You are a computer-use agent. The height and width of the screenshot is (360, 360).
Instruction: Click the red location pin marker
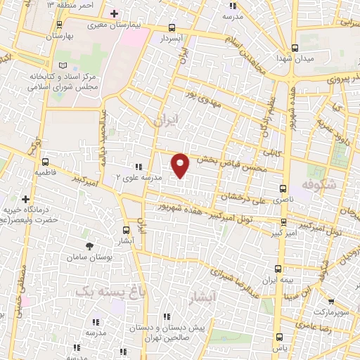click(181, 165)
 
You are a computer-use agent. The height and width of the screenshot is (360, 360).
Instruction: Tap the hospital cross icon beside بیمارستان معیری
click(115, 13)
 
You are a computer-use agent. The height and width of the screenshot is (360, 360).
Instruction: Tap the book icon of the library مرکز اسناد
click(64, 64)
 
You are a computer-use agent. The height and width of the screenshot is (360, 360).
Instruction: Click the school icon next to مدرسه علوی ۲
click(138, 167)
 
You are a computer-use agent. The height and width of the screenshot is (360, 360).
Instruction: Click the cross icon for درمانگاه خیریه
click(27, 200)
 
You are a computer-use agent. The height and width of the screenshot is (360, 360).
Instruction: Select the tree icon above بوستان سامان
click(89, 245)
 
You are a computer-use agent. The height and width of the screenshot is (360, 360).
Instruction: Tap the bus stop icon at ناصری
click(283, 188)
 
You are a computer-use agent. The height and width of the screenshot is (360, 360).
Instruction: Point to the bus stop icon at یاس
click(281, 336)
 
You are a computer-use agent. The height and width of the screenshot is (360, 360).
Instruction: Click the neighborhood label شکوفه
click(315, 184)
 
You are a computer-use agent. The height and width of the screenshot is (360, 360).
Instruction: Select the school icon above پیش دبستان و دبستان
click(166, 317)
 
